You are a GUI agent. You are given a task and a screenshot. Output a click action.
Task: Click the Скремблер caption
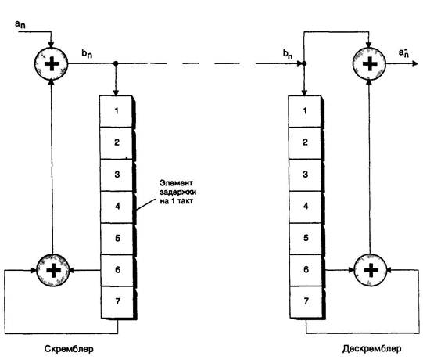[69, 349]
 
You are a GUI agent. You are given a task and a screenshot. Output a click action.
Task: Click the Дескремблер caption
[371, 349]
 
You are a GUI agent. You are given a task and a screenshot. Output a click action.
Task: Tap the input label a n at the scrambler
[20, 24]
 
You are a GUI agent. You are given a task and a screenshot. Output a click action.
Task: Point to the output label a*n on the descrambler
[404, 52]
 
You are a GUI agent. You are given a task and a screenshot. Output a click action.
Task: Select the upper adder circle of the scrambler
[52, 63]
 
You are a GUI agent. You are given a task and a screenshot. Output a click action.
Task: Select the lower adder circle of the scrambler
[53, 270]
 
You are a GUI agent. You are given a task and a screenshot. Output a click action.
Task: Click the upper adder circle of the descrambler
[369, 63]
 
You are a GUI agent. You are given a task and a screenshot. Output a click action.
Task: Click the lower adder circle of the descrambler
[371, 270]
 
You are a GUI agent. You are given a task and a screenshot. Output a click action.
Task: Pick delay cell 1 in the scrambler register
[117, 111]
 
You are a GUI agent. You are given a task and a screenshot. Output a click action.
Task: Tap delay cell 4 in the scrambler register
[117, 207]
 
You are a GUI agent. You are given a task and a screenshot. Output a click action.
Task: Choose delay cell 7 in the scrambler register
[117, 302]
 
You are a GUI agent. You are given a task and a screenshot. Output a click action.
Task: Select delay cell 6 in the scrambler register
[117, 270]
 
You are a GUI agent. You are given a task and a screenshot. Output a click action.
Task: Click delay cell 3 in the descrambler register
[306, 175]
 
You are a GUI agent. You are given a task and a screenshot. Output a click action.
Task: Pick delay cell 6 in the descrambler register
[306, 270]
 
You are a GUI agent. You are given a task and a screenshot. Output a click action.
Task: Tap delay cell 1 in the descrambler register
[305, 111]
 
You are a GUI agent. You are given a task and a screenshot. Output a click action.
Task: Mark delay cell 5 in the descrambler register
[306, 239]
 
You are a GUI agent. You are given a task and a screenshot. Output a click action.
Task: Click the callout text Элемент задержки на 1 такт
[177, 192]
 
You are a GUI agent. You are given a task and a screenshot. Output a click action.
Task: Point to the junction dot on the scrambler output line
[116, 63]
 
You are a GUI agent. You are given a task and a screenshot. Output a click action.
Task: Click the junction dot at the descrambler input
[304, 63]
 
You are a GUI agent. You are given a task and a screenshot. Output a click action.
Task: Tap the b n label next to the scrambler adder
[87, 54]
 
